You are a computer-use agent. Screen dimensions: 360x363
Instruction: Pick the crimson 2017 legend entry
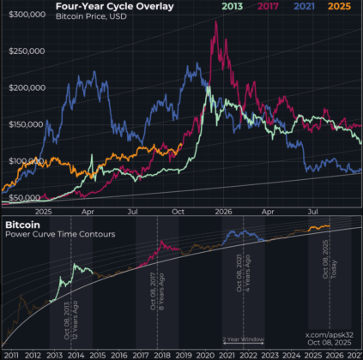click(270, 7)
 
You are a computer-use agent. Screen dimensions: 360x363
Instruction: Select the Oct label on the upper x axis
click(179, 210)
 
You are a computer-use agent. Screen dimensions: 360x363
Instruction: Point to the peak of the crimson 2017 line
click(215, 21)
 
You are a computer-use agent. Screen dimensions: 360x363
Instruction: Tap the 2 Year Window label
click(244, 339)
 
